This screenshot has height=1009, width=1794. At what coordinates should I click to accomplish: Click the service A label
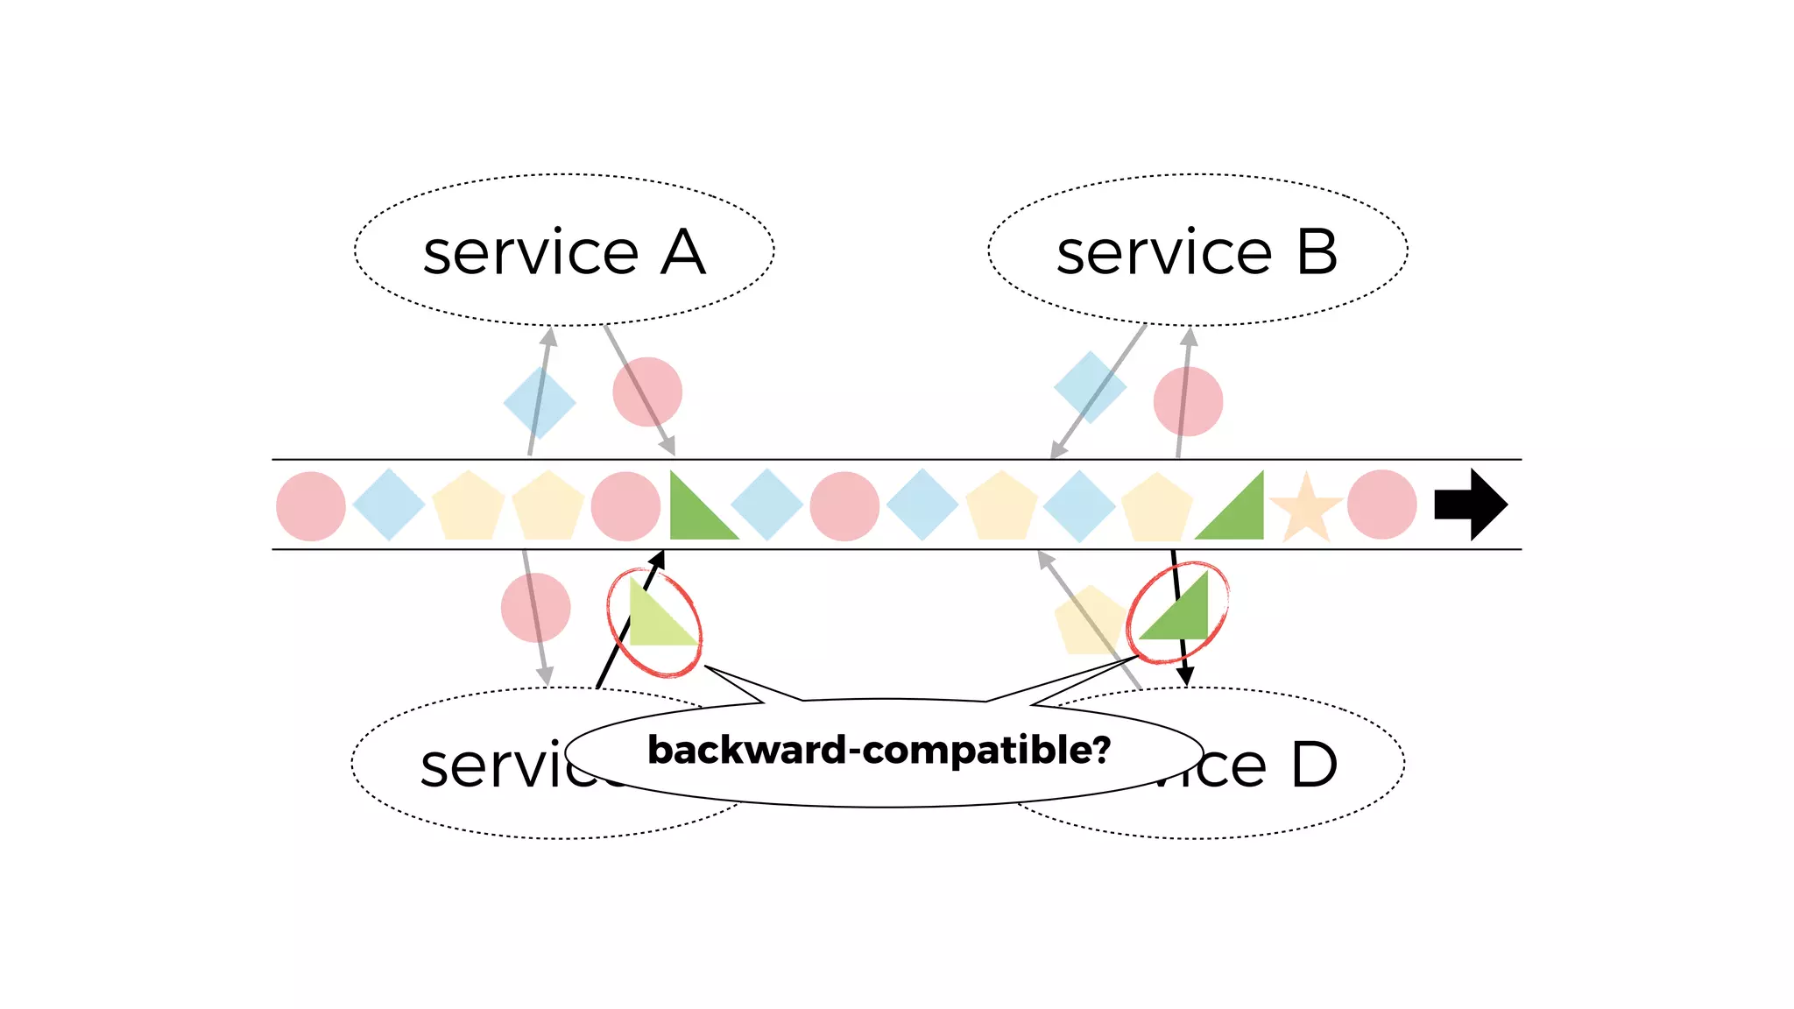(564, 252)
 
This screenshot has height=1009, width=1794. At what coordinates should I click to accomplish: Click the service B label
(1197, 252)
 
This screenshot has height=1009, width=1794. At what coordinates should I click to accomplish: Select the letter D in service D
(1314, 765)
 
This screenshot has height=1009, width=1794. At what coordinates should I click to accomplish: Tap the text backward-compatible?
(879, 751)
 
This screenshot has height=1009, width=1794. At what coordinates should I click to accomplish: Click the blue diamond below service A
(540, 402)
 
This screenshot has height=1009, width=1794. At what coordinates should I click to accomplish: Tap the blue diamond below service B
(1090, 387)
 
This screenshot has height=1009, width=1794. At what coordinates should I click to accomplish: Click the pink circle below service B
(1188, 401)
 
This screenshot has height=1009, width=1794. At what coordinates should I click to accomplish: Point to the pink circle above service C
(535, 608)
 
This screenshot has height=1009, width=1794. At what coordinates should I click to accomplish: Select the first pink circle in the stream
(311, 506)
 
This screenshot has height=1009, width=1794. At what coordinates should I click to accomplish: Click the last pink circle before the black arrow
(1381, 504)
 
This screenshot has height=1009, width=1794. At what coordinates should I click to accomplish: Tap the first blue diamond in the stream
(389, 504)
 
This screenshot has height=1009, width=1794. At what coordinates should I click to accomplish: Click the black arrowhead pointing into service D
(1185, 676)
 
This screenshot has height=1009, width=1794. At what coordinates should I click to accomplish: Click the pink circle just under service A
(647, 392)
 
